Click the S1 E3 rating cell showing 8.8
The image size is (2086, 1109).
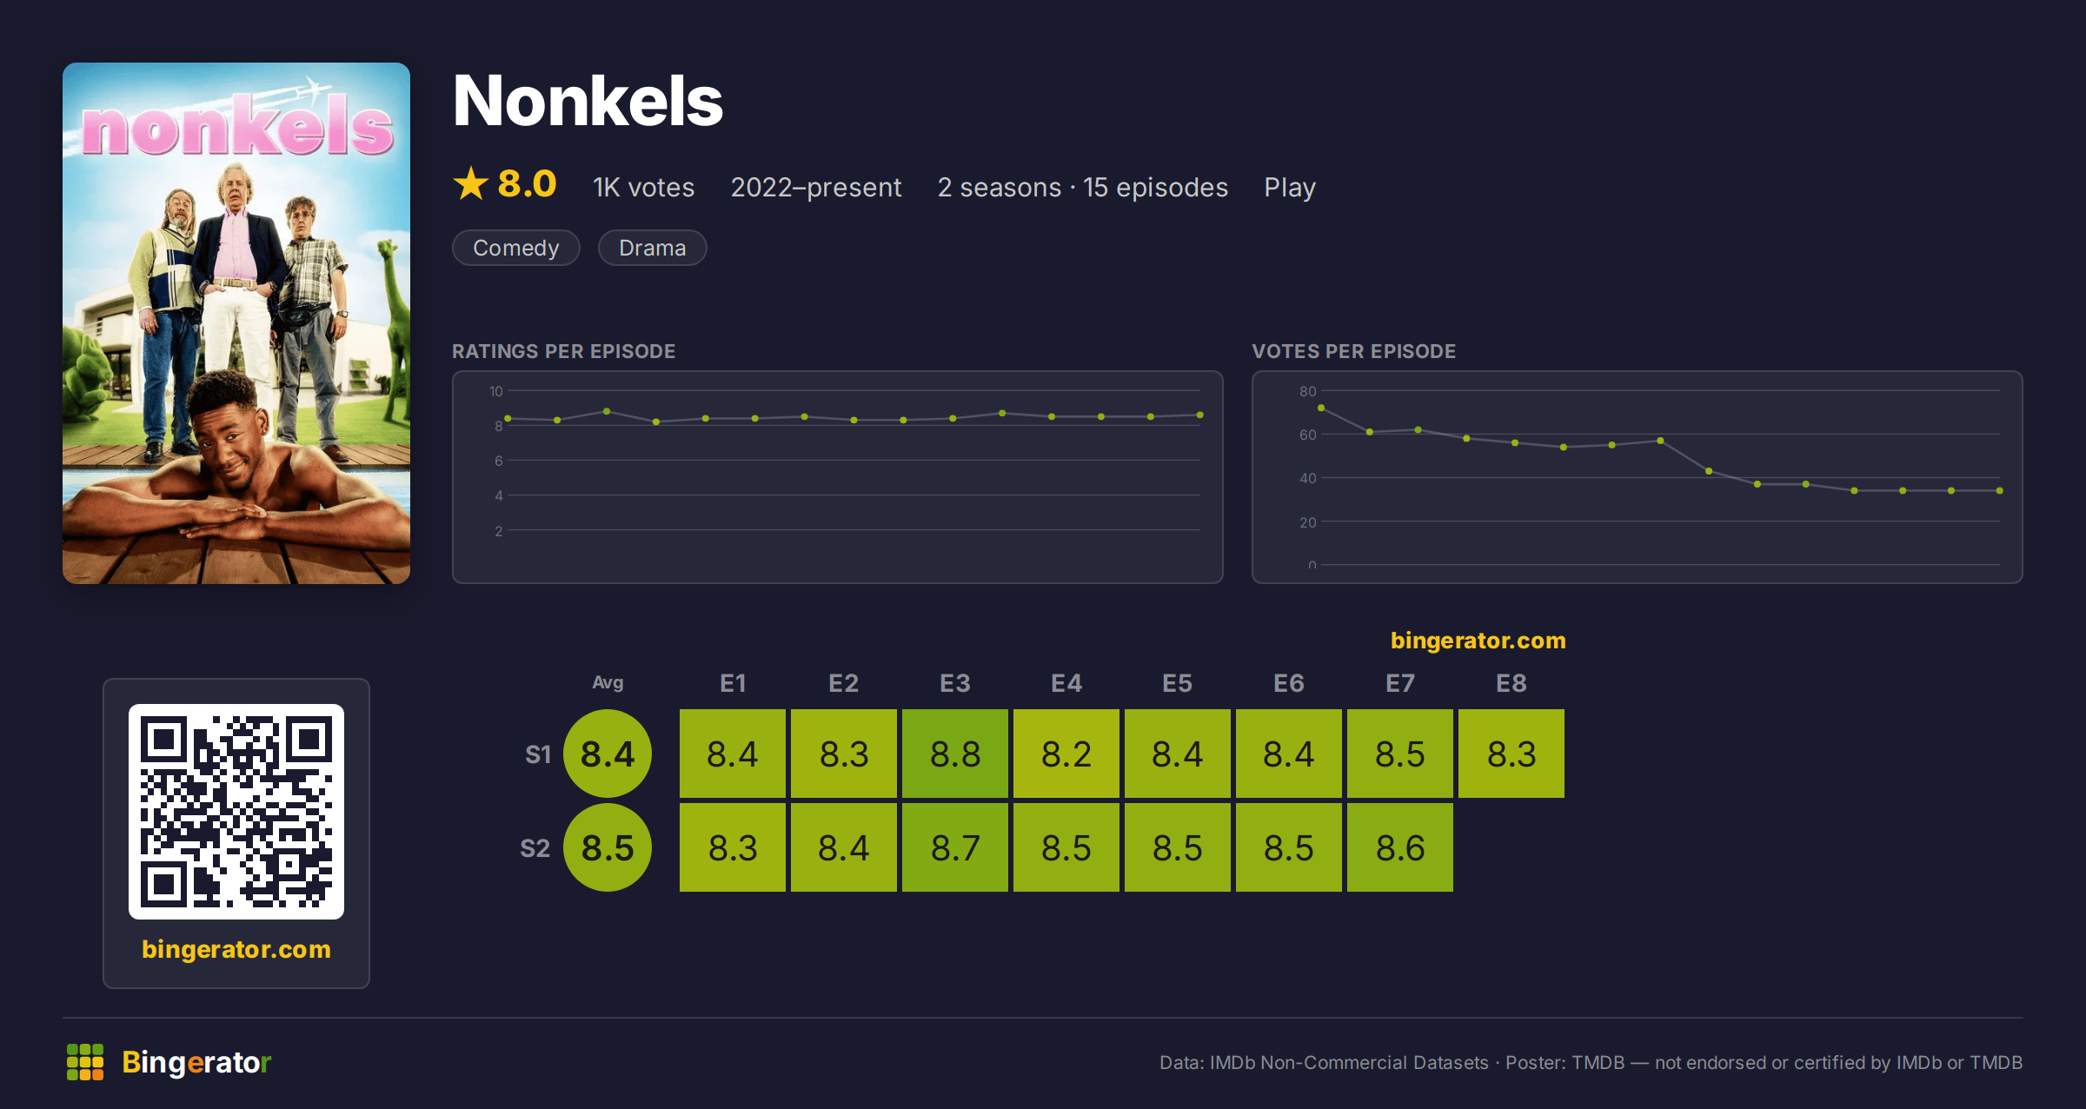(x=955, y=754)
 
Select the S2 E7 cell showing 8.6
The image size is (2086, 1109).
(x=1400, y=847)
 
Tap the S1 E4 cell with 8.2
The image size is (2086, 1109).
(x=1066, y=754)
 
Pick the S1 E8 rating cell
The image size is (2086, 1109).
(x=1511, y=754)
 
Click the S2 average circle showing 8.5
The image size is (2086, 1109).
(x=608, y=847)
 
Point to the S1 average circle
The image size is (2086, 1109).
(x=608, y=754)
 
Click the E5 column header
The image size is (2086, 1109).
(x=1178, y=683)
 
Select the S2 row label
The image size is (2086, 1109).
(x=535, y=848)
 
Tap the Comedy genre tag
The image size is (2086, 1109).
(x=516, y=248)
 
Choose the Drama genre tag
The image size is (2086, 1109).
(x=653, y=248)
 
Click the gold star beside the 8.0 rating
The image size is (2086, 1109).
(x=471, y=183)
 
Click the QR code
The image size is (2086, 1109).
(x=236, y=812)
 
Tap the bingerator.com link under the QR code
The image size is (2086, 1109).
(x=236, y=949)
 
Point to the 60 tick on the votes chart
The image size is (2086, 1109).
(x=1308, y=435)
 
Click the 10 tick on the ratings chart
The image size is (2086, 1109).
(x=496, y=391)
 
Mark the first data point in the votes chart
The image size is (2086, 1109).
(x=1321, y=408)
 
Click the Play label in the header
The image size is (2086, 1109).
(x=1290, y=188)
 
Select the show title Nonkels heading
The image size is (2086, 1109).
(x=588, y=101)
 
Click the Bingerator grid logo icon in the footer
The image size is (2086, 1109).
(x=85, y=1062)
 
